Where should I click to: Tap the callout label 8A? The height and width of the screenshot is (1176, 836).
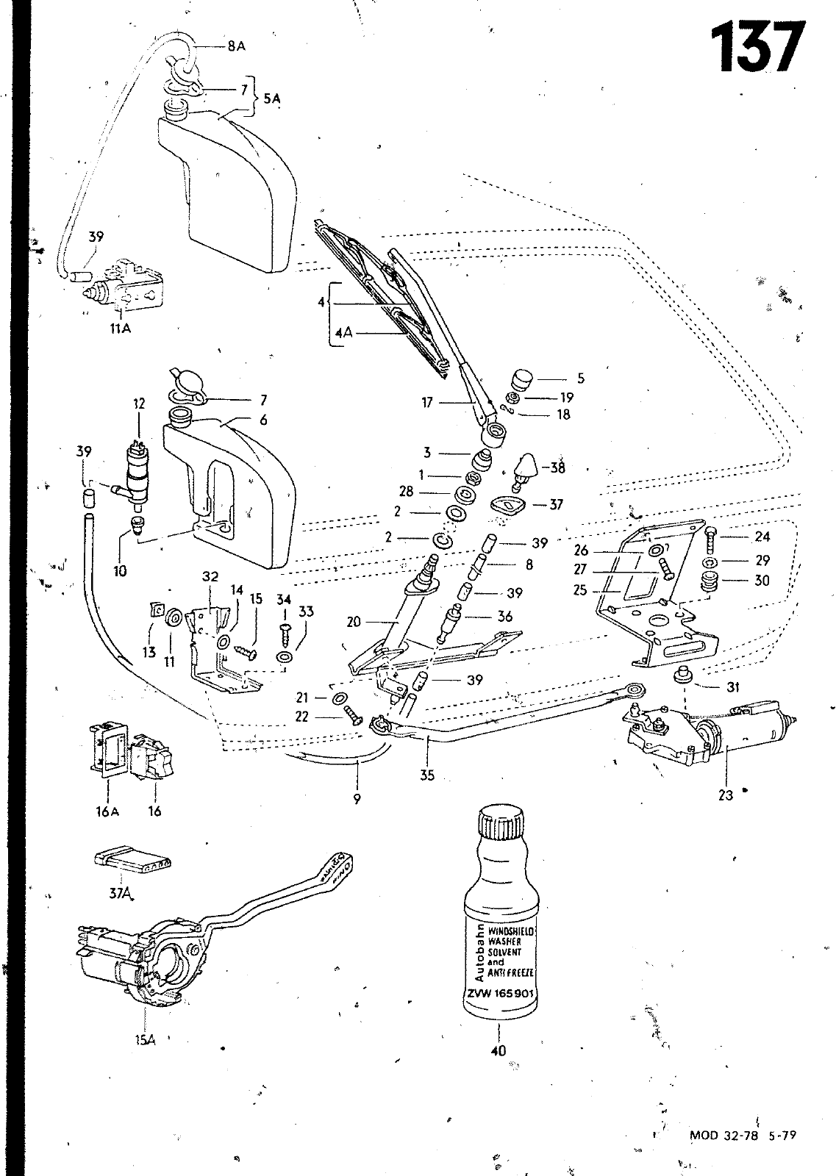236,46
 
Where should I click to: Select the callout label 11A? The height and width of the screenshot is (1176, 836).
119,329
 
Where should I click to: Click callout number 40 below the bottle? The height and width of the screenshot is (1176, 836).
499,1051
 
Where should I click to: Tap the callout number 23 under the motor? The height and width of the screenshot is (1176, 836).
726,795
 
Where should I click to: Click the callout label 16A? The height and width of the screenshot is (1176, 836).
107,811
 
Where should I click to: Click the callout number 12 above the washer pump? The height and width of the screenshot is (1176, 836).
139,404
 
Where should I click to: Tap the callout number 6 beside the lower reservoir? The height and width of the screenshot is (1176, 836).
263,420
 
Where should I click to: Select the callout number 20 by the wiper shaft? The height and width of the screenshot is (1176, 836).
354,622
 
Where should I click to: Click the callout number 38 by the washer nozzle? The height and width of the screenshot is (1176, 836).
557,468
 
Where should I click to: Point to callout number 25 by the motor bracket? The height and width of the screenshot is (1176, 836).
581,589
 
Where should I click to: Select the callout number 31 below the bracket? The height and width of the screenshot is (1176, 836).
733,687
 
